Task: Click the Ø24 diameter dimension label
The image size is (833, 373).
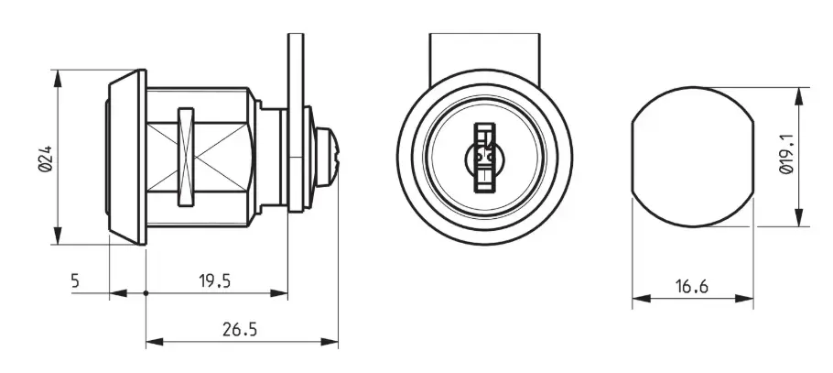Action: point(46,159)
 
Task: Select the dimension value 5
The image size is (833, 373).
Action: point(75,280)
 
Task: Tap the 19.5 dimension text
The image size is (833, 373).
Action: point(215,280)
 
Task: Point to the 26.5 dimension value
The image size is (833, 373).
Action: point(240,329)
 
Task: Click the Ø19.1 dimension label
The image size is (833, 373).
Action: point(786,154)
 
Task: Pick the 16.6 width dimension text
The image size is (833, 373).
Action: point(692,287)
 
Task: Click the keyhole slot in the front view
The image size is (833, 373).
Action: point(484,158)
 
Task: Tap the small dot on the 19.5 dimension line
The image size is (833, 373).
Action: point(146,292)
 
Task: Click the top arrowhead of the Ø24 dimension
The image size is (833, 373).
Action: point(58,78)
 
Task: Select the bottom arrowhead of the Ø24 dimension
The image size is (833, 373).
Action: point(58,236)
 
